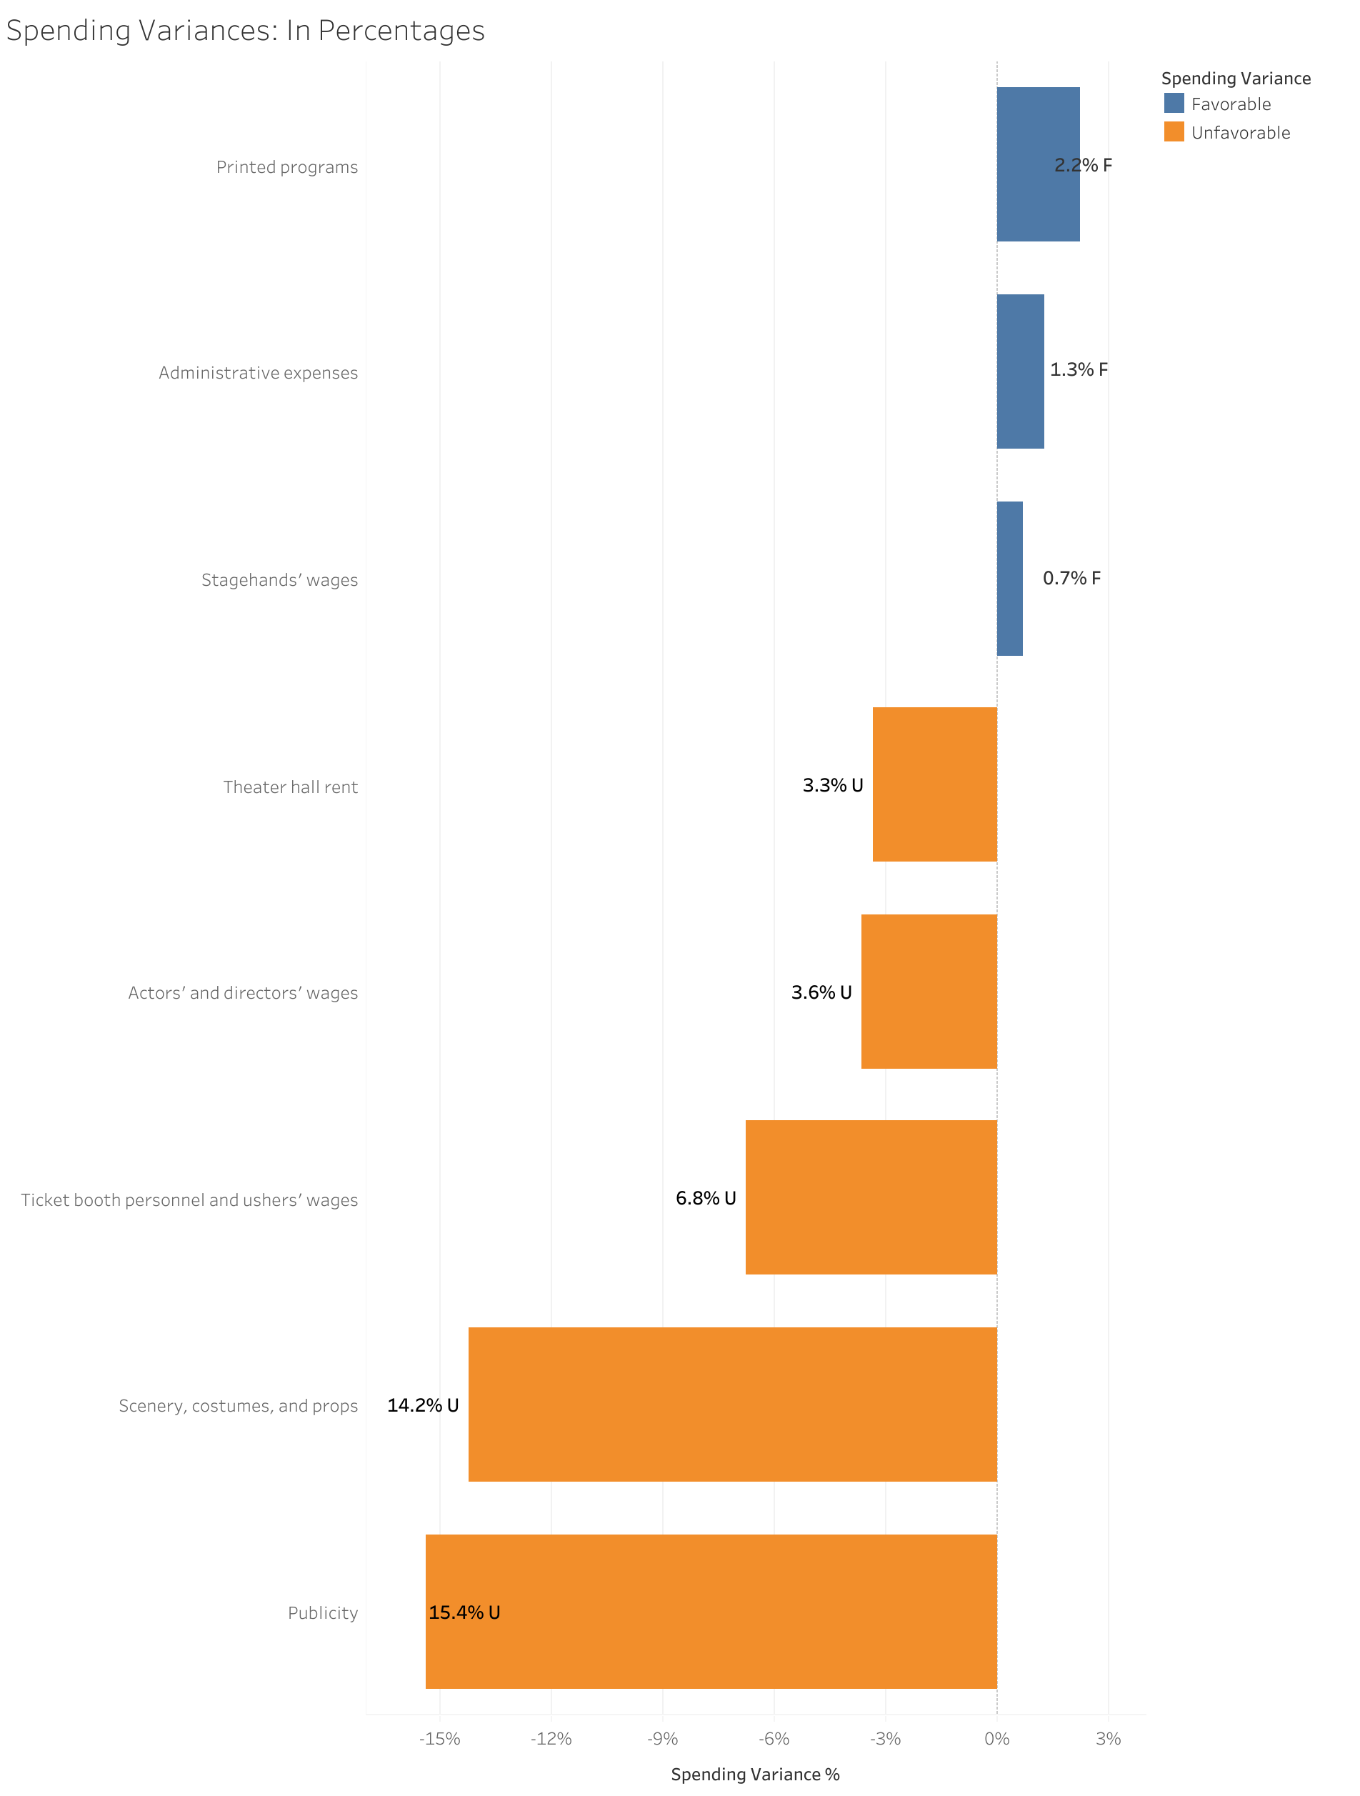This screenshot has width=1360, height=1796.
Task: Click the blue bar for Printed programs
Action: point(1037,164)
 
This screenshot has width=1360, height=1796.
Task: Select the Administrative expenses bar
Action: point(1020,371)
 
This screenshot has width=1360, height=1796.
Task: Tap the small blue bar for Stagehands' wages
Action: point(1009,578)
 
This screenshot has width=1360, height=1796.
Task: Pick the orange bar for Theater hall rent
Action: point(934,784)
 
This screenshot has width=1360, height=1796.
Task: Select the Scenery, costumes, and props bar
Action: point(732,1405)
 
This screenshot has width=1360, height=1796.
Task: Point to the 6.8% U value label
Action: point(706,1199)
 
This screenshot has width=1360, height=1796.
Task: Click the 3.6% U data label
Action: point(821,992)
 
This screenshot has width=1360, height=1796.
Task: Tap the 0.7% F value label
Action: point(1071,578)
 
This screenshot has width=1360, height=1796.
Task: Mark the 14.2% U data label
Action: point(422,1405)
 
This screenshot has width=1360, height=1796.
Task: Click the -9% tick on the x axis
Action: point(663,1738)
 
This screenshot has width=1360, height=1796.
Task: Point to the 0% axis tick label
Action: point(996,1738)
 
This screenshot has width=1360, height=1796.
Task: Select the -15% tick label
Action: point(439,1738)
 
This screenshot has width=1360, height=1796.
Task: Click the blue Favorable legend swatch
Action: point(1174,103)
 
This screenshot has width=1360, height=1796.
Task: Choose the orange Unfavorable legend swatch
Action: point(1174,131)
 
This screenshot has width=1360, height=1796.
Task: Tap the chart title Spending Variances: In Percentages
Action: point(245,31)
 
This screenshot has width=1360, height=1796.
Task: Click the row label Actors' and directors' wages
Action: point(243,993)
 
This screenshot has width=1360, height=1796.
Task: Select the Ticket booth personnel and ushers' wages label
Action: point(189,1200)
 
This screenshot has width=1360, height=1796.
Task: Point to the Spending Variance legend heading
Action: point(1235,79)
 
